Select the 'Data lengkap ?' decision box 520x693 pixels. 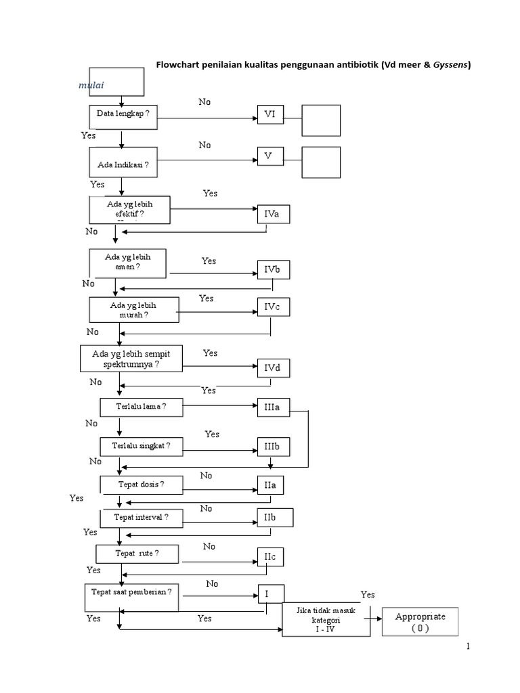tap(123, 114)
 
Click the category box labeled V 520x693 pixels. tap(269, 157)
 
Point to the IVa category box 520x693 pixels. tap(272, 215)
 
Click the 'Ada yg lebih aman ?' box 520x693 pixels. tap(127, 263)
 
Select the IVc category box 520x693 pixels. tap(272, 307)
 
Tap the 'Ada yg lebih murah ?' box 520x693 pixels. tap(133, 310)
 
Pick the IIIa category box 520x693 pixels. tap(272, 407)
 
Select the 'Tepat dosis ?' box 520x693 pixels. tap(142, 485)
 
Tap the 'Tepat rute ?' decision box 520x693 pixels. tap(137, 554)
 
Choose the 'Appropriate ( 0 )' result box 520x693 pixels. tap(420, 621)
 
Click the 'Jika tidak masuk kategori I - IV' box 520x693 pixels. tap(327, 619)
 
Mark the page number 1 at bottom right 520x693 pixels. tap(467, 648)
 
